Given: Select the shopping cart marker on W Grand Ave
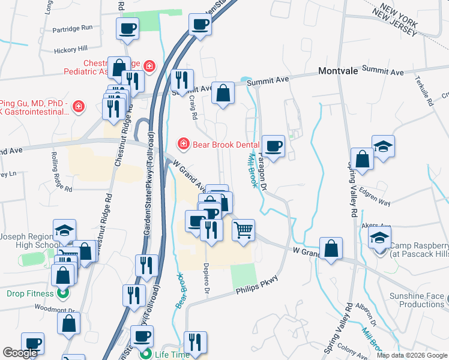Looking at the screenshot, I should click(x=243, y=230).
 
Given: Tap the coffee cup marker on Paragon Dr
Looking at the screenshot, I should click(x=273, y=146).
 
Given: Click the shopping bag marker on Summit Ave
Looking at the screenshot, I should click(x=223, y=94).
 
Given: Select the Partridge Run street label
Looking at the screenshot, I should click(x=73, y=28).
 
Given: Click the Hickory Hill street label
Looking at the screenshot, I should click(x=70, y=49).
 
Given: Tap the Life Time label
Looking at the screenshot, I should click(x=173, y=354).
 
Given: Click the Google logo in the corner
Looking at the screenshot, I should click(x=20, y=353).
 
